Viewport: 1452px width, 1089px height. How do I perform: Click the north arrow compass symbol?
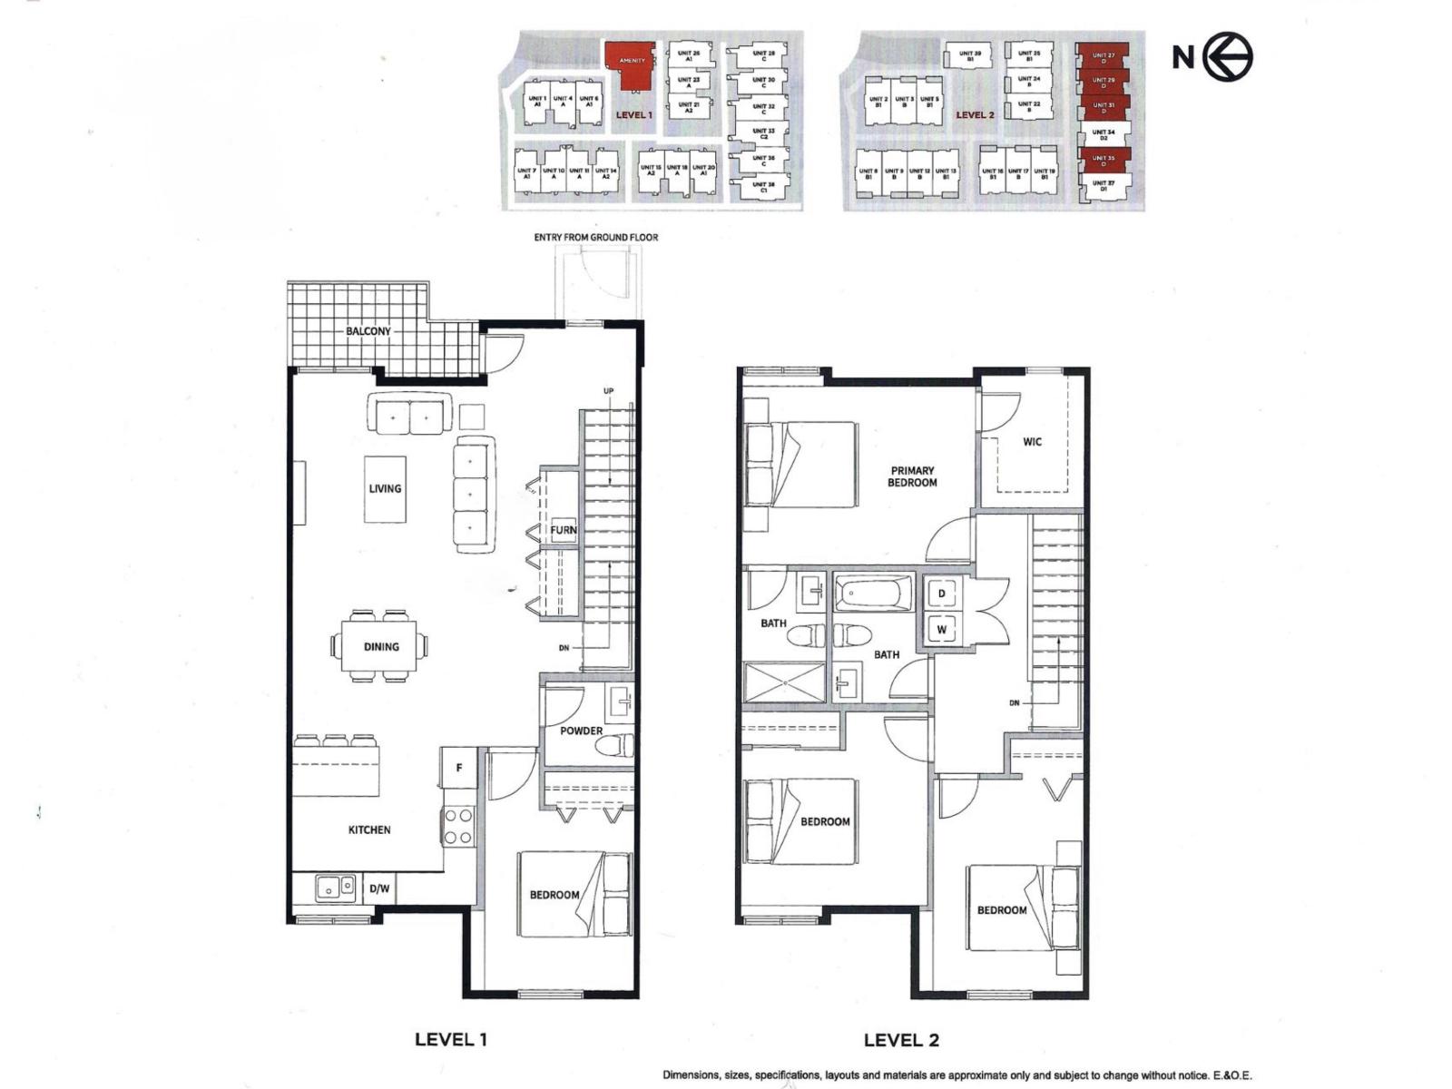tap(1228, 57)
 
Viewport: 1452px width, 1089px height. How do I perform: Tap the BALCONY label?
tap(368, 331)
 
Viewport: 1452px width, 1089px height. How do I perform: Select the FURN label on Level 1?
tap(563, 530)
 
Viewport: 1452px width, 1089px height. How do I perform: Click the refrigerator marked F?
tap(459, 768)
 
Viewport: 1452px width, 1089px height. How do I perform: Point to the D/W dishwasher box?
tap(379, 888)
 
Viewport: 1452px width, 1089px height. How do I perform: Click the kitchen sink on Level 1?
tap(335, 887)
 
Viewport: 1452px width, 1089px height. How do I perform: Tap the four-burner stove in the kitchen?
tap(458, 826)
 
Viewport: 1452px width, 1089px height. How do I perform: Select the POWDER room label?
tap(581, 731)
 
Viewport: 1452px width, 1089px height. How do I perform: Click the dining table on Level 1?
tap(380, 646)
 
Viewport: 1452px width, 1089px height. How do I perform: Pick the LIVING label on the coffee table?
tap(385, 488)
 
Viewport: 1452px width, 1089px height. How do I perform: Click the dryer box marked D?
tap(942, 594)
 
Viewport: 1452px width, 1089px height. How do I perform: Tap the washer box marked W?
tap(942, 629)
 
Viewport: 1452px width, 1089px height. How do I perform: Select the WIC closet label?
tap(1032, 442)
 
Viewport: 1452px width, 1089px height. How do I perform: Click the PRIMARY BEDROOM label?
tap(912, 476)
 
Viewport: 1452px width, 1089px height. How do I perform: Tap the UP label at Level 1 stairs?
tap(608, 391)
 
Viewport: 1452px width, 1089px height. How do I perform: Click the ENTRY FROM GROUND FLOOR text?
tap(595, 238)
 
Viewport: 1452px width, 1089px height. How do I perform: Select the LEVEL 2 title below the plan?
tap(900, 1040)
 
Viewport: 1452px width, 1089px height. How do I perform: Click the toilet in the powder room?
tap(614, 747)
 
